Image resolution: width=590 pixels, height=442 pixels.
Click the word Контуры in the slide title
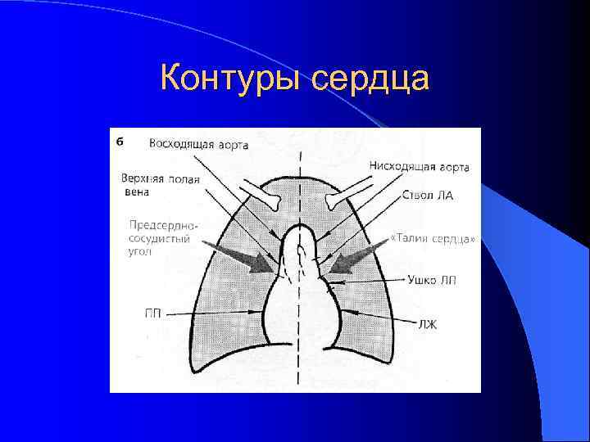[231, 79]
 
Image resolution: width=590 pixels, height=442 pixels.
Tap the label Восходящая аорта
[198, 145]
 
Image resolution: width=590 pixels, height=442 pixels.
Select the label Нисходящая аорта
[419, 167]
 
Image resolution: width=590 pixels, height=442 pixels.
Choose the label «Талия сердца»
[432, 239]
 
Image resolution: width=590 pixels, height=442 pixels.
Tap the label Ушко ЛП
[432, 280]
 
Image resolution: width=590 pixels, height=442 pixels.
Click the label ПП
[152, 313]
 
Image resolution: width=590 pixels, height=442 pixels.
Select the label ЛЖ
[428, 324]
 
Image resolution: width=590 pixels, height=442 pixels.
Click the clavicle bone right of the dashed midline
[343, 196]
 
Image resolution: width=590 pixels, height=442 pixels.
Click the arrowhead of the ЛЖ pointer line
[344, 312]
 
